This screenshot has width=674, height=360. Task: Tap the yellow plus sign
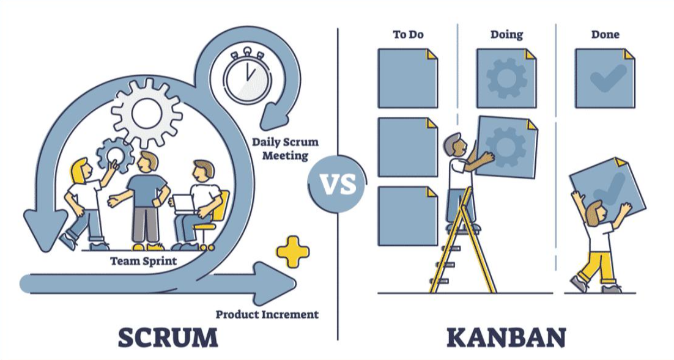[292, 252]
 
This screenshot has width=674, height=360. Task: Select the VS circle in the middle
[337, 184]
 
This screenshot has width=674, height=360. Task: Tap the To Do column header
[408, 34]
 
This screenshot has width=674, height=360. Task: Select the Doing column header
[506, 34]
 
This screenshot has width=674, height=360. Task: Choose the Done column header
[605, 34]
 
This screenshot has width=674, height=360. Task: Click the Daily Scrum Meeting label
[285, 149]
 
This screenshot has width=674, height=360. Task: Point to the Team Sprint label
[143, 261]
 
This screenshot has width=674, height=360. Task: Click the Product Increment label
[267, 314]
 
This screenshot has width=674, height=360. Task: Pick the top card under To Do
[408, 78]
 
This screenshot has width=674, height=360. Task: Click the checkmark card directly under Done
[605, 78]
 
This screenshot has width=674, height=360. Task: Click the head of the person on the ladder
[453, 144]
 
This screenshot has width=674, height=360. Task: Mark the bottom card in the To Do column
[408, 216]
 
